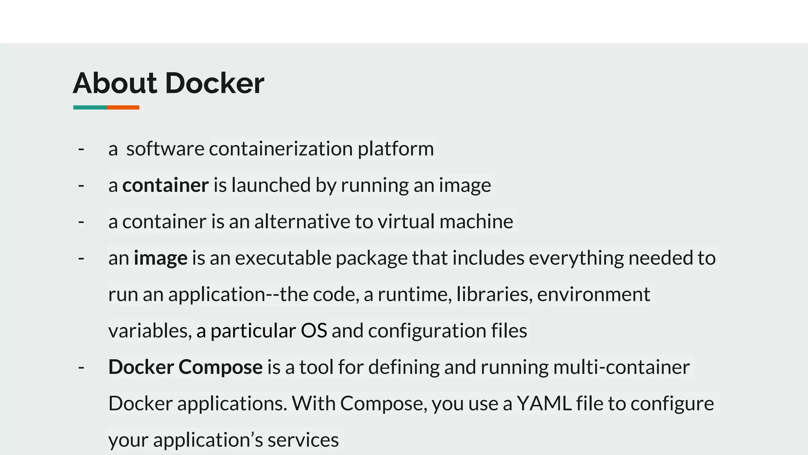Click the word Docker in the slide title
(215, 83)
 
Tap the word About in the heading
(115, 83)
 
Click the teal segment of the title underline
(90, 107)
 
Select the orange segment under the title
(123, 107)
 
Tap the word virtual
(406, 221)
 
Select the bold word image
(161, 258)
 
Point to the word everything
(576, 258)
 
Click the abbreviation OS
(314, 331)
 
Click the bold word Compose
(221, 367)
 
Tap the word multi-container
(621, 367)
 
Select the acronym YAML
(544, 403)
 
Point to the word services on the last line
(303, 440)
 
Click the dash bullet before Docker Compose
(81, 367)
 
